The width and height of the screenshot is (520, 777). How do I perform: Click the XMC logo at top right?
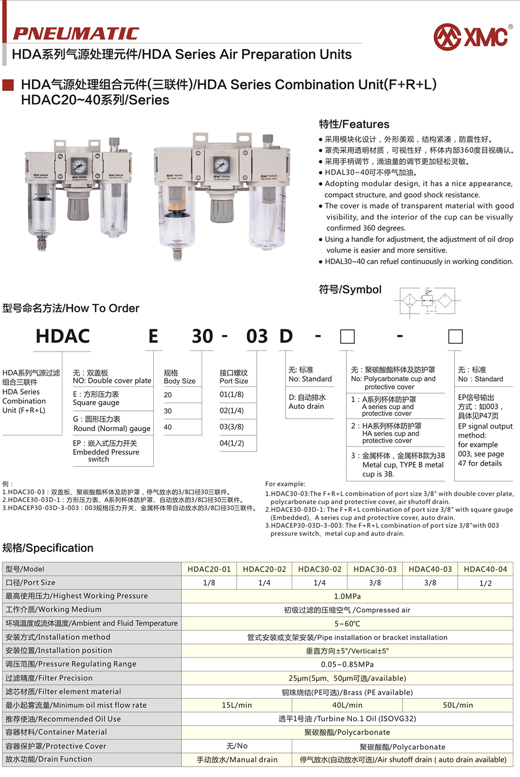click(x=472, y=37)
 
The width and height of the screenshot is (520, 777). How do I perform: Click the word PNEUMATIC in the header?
click(x=76, y=34)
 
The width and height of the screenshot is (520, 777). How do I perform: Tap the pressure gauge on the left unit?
click(x=80, y=166)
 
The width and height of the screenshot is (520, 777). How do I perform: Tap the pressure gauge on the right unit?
click(x=221, y=165)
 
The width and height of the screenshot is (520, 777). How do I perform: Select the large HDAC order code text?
click(x=63, y=336)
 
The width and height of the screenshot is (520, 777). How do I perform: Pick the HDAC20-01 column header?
click(x=209, y=569)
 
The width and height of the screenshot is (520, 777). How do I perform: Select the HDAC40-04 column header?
click(x=485, y=569)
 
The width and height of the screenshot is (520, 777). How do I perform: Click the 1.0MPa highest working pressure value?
click(x=347, y=596)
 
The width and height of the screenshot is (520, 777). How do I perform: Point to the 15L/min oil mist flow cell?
click(x=237, y=705)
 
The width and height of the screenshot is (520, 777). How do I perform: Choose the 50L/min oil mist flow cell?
click(x=458, y=705)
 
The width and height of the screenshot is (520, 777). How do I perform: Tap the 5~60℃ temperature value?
click(x=347, y=624)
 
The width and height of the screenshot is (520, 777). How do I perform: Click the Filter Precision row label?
click(x=49, y=678)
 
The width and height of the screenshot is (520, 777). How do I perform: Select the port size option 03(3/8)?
click(x=231, y=426)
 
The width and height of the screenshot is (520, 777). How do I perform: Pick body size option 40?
click(x=168, y=427)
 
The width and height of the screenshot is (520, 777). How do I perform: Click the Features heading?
click(x=354, y=124)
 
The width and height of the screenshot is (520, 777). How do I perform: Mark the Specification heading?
click(x=48, y=548)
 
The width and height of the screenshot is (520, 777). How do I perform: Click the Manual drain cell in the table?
click(x=237, y=760)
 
